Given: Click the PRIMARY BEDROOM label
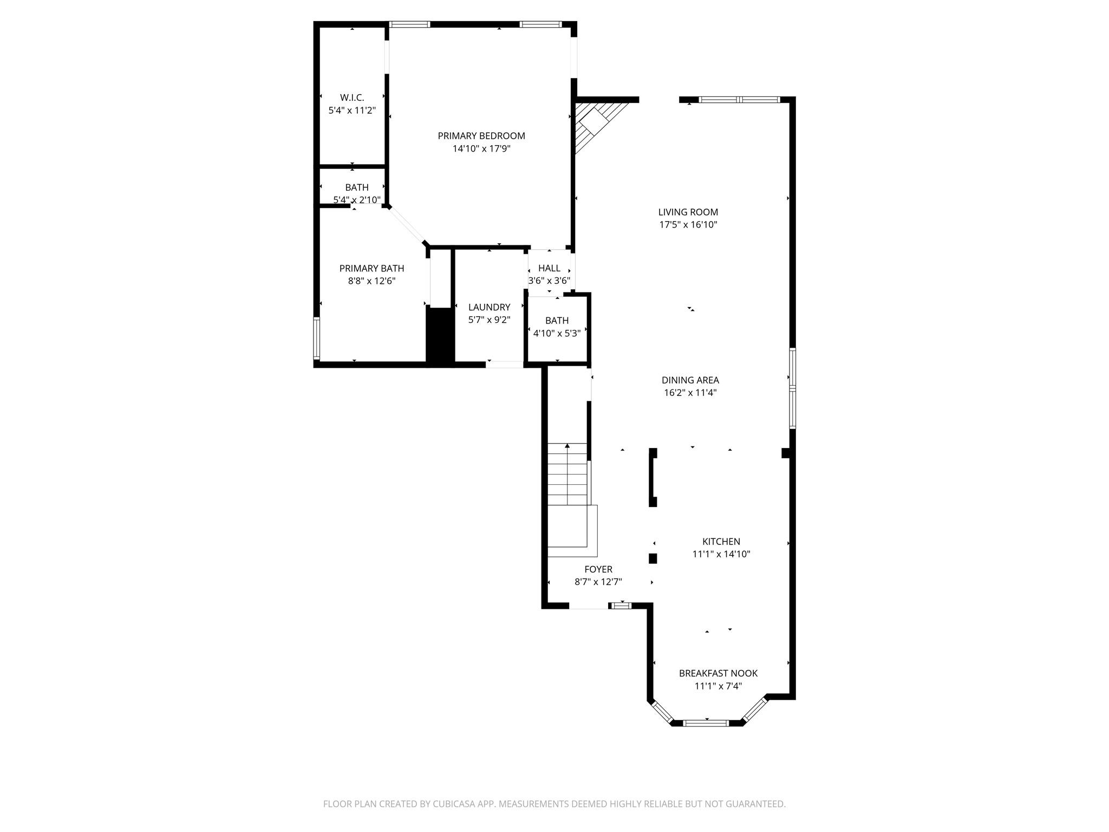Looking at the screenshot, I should (481, 136).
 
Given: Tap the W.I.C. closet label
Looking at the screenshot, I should (352, 97).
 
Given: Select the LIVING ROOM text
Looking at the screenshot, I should (688, 212).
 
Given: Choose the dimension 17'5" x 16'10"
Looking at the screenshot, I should (688, 225).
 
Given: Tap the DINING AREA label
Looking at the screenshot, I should (690, 380).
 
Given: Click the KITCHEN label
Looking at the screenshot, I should (721, 541).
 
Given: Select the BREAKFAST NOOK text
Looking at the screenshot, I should (718, 673).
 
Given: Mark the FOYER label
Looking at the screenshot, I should (598, 569).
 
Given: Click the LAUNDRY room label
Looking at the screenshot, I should (489, 307).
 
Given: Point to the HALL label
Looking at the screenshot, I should (549, 268).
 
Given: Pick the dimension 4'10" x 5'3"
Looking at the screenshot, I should (557, 333).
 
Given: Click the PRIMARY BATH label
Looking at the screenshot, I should (371, 268).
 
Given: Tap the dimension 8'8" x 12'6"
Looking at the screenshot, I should (371, 281).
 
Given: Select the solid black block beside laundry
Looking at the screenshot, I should (440, 336).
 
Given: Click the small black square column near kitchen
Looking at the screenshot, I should (653, 558).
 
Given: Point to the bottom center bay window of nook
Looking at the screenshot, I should (706, 723).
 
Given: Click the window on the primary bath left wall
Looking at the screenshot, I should (317, 339).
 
